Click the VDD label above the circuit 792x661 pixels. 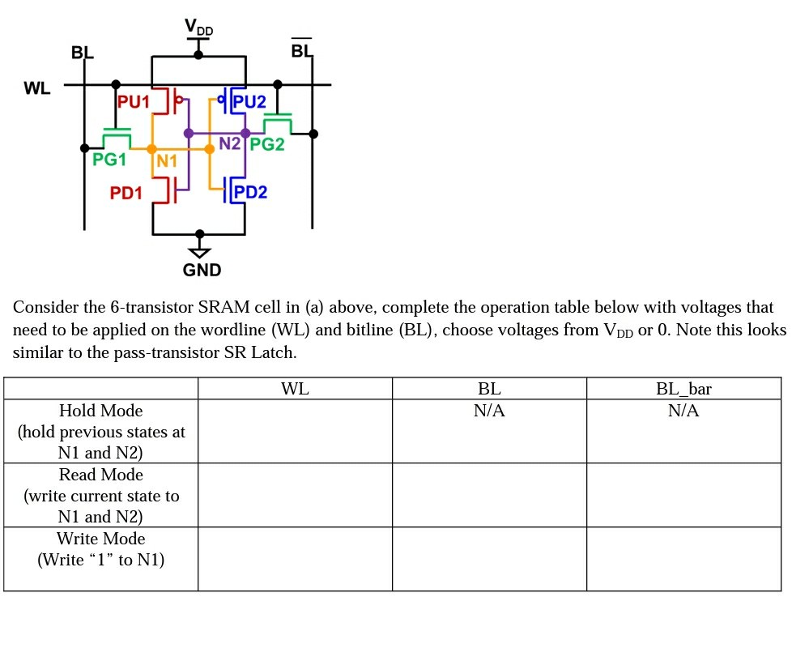point(198,28)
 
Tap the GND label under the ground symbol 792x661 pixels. point(202,270)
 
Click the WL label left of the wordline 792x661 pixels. point(37,88)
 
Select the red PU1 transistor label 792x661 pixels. point(134,102)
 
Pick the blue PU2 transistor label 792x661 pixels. point(249,102)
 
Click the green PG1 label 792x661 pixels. point(109,160)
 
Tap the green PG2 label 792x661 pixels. point(267,144)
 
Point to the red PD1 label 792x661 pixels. point(126,193)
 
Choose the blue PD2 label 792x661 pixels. point(250,192)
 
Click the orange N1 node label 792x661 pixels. point(166,160)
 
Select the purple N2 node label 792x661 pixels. point(230,143)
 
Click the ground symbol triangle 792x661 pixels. point(199,252)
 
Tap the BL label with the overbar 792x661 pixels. point(301,51)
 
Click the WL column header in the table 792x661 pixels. point(295,389)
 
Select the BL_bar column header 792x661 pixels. point(683,389)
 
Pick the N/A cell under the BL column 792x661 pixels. point(489,411)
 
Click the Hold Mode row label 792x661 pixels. point(100,411)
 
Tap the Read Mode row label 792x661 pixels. point(100,475)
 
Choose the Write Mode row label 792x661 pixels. point(100,539)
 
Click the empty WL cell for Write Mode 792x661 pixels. point(295,559)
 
